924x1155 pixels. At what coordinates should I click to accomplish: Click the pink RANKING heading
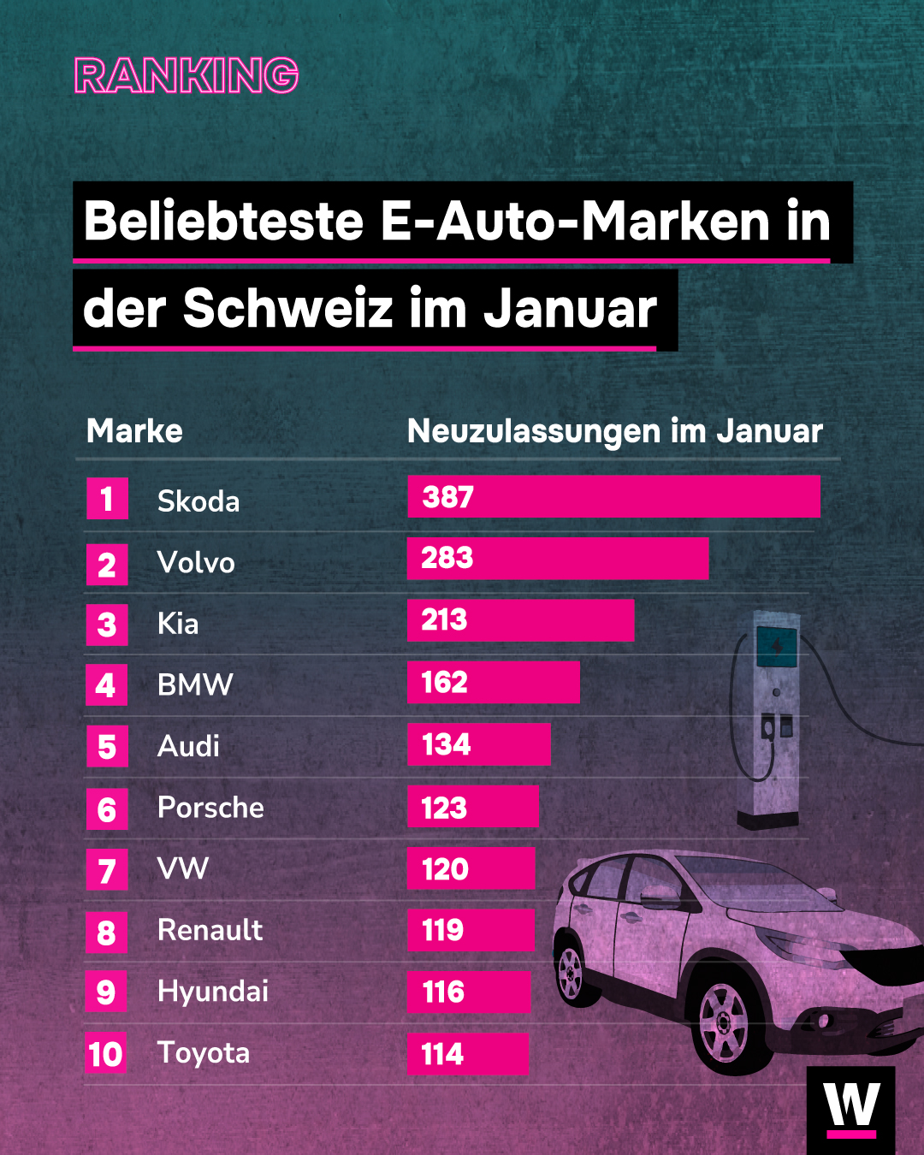[187, 75]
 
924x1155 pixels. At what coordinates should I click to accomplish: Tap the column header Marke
[134, 431]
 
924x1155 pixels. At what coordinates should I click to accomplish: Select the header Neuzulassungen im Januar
[614, 431]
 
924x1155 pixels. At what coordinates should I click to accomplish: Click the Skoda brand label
[198, 501]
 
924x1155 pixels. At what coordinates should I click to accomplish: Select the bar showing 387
[613, 497]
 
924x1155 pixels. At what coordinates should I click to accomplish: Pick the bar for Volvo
[557, 559]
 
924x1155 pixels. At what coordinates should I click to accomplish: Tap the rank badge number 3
[107, 625]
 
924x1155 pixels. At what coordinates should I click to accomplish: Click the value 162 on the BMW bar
[445, 683]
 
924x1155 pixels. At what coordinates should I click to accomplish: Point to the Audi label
[189, 746]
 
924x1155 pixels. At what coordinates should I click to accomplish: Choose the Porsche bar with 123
[472, 807]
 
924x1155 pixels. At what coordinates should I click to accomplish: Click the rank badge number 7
[107, 870]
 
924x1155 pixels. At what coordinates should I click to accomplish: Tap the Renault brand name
[210, 930]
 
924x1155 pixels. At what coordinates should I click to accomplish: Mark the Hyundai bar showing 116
[468, 992]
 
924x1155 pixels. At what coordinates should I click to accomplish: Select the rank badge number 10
[106, 1054]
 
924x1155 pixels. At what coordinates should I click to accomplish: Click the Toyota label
[204, 1053]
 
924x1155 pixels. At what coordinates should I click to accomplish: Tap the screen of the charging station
[777, 647]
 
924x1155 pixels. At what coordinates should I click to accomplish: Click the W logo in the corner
[850, 1108]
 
